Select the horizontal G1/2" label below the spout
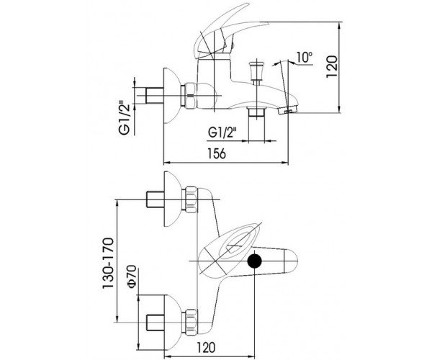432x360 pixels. pos(222,132)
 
